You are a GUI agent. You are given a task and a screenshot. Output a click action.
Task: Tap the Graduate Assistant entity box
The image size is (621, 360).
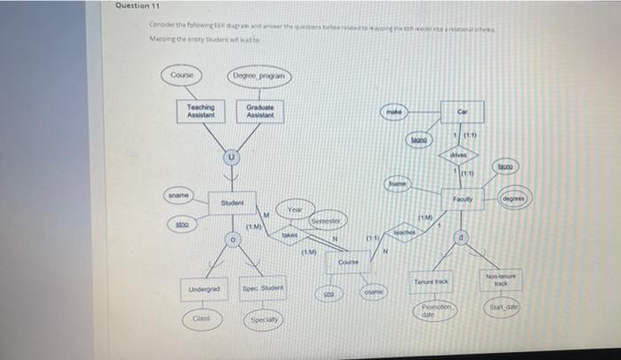[x=260, y=111]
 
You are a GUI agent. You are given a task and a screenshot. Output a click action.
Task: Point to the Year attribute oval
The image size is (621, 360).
[x=295, y=208]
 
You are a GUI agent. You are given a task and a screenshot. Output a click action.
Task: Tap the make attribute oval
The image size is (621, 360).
[x=393, y=113]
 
